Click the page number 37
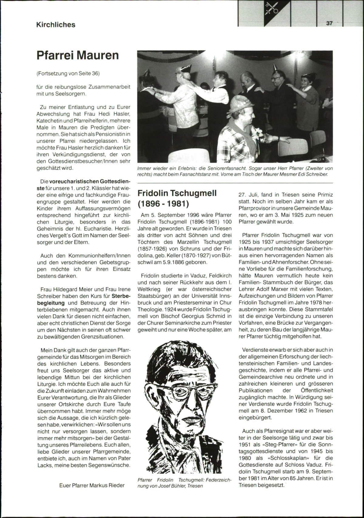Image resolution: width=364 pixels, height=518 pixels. coord(330,23)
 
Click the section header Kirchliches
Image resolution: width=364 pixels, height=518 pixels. coord(56,25)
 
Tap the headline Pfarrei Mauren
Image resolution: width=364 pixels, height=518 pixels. coord(77,56)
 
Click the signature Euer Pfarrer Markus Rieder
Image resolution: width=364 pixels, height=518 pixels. coord(92,485)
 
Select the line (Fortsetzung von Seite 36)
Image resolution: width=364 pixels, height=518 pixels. coord(68,73)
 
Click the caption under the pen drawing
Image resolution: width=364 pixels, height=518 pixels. coord(184,483)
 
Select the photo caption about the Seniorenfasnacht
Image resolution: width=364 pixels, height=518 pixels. coord(235,171)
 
